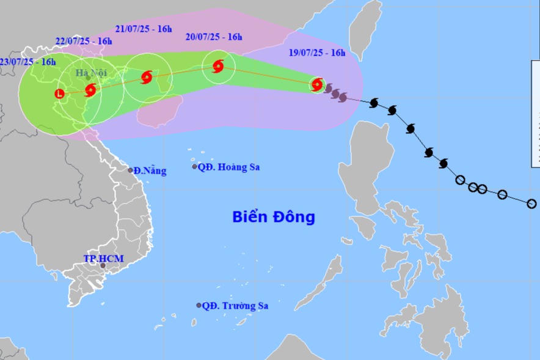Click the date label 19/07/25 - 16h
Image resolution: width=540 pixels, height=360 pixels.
point(316,53)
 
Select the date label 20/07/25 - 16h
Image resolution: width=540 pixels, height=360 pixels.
point(214,37)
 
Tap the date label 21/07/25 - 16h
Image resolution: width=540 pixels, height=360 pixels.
point(144,28)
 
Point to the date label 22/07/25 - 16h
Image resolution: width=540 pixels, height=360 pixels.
point(84,41)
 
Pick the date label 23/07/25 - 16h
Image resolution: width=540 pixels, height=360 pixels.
point(27,61)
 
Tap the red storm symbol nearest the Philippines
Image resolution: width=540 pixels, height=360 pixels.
point(317,84)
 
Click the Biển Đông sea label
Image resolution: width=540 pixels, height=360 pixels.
point(273,217)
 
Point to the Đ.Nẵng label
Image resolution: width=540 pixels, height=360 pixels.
point(150,171)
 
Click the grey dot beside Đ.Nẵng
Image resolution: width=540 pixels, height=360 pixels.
point(130,171)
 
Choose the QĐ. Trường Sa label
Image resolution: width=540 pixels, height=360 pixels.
point(235,306)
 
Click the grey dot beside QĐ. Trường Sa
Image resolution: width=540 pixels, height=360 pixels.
point(199,305)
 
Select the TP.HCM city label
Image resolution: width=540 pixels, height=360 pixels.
point(103,259)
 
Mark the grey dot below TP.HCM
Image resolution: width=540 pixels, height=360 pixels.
point(103,266)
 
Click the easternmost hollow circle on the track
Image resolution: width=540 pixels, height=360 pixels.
point(531,204)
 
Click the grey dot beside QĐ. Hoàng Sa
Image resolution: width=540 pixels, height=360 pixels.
point(195,166)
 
